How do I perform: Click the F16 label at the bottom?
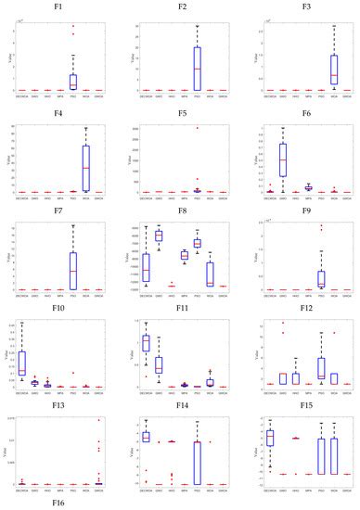click(58, 502)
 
